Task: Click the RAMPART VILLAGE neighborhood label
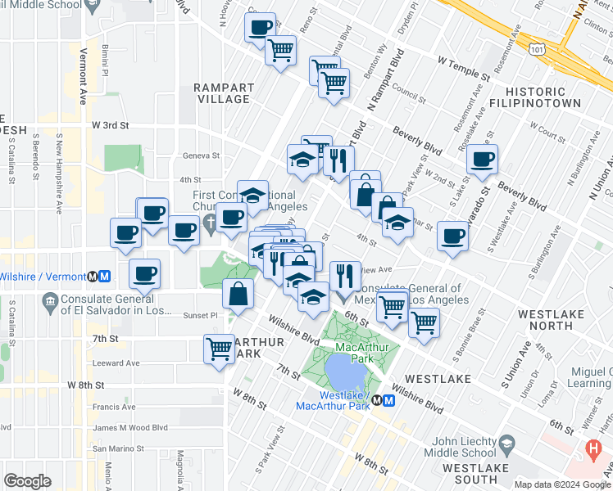tap(221, 92)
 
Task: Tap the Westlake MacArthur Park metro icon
tap(383, 401)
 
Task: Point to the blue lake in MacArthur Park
tap(343, 373)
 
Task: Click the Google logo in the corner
tap(27, 481)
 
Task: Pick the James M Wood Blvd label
tap(130, 427)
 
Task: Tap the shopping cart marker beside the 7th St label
tap(219, 349)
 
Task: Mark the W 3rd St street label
tap(111, 125)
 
